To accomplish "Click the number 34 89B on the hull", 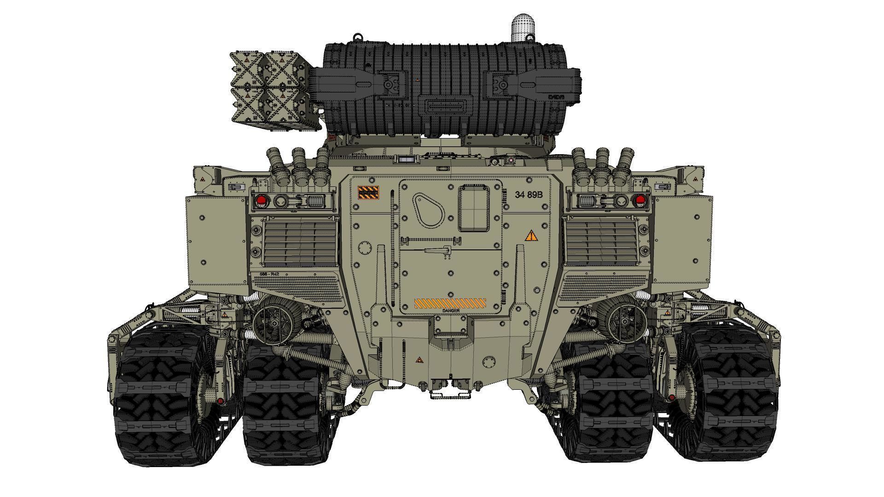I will click(529, 195).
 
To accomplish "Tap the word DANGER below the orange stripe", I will click(451, 311).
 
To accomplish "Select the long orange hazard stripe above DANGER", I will click(450, 303).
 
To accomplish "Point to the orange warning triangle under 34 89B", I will click(531, 237).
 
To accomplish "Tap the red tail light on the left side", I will click(261, 200).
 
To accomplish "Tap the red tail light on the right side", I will click(640, 200).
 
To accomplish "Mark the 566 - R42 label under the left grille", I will click(270, 274).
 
